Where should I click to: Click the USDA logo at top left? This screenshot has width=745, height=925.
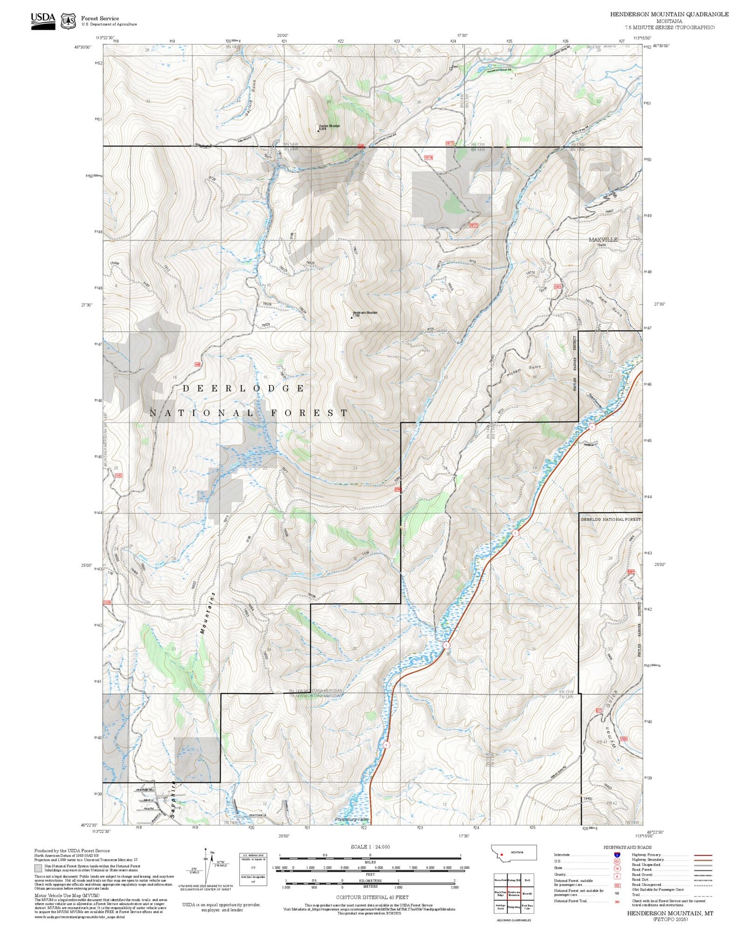point(43,21)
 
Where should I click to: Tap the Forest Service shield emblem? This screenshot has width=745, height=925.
point(68,21)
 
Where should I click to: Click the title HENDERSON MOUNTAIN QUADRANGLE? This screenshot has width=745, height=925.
point(669,14)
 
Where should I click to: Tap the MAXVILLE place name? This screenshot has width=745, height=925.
point(603,240)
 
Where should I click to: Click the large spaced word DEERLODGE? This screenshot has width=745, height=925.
point(243,388)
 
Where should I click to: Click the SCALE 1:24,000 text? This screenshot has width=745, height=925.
point(370,847)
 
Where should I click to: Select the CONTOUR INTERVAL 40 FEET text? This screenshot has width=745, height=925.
point(372,897)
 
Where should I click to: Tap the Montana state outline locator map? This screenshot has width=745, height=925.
point(514,852)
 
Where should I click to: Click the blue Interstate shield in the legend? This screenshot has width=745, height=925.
point(617,855)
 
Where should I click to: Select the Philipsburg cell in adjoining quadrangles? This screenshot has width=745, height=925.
point(514,906)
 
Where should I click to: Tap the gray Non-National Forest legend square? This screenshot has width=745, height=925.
point(38,868)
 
